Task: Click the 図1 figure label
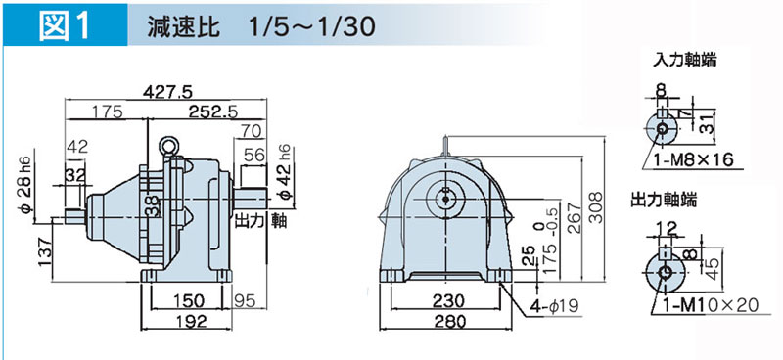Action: (x=65, y=25)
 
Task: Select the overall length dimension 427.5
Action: (x=167, y=92)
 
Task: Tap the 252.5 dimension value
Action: (x=213, y=112)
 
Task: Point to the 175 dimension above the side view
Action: (x=107, y=112)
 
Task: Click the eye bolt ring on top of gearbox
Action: (x=166, y=146)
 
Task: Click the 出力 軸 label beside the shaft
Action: (x=260, y=220)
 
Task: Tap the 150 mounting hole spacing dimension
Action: (x=186, y=300)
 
